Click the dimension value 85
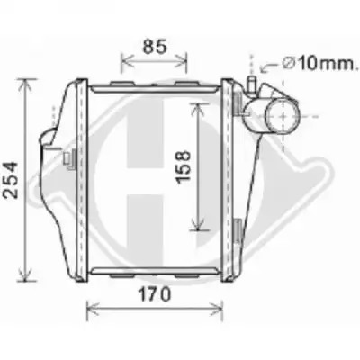(x=155, y=46)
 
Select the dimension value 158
(x=183, y=166)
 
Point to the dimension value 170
(x=155, y=294)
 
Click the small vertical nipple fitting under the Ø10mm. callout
(x=251, y=85)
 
